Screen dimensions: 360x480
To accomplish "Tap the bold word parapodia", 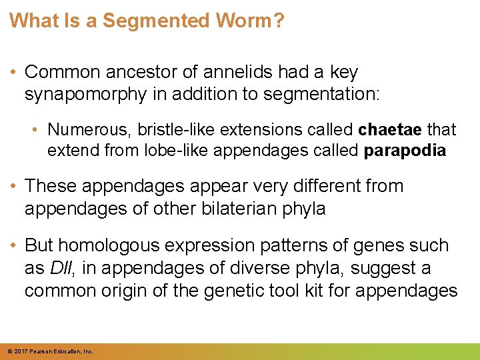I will (405, 150).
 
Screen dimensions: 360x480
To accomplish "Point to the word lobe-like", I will (167, 150).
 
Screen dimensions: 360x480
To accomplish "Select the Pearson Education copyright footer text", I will (49, 351).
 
